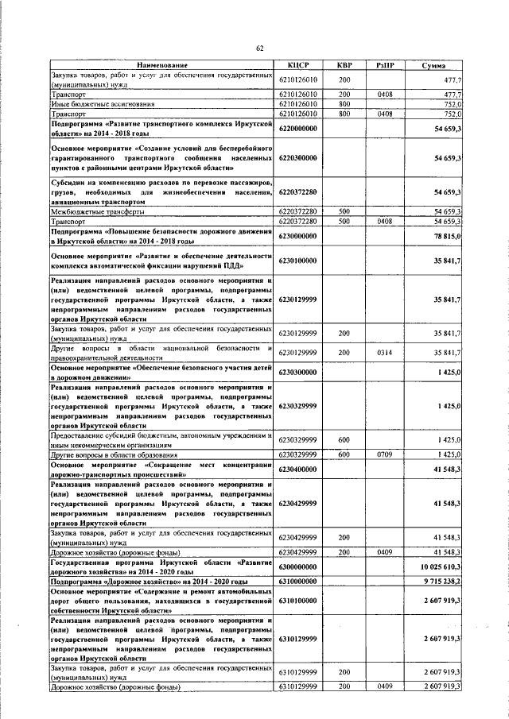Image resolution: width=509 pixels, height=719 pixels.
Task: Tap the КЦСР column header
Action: coord(297,65)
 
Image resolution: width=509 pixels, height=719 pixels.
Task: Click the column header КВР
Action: coord(344,65)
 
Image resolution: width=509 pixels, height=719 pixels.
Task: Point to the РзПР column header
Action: coord(386,65)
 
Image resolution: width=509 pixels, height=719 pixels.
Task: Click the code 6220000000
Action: coord(298,128)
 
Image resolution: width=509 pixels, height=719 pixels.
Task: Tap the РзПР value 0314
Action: coord(386,353)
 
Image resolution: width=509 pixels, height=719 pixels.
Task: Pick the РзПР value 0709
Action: coord(386,454)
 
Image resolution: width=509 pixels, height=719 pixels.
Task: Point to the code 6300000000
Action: coord(298,566)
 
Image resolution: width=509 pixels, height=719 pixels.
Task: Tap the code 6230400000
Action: coord(298,469)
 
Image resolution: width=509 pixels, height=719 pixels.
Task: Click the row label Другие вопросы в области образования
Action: coord(107,454)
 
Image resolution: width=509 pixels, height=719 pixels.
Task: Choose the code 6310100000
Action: coord(298,601)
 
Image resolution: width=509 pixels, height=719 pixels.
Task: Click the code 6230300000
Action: coord(298,372)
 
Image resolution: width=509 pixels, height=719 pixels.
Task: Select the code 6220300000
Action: coord(298,158)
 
